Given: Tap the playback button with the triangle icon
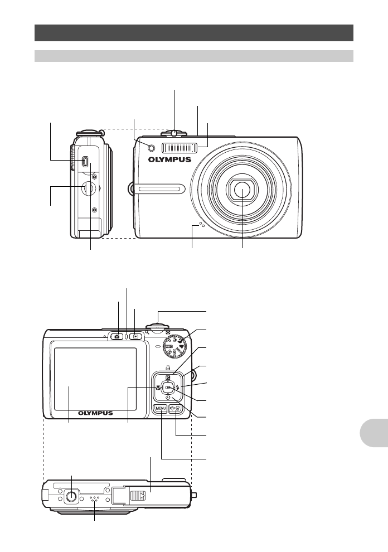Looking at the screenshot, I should pyautogui.click(x=135, y=336).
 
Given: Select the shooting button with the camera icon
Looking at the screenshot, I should pyautogui.click(x=117, y=336).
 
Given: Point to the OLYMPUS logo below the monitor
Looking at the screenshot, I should pyautogui.click(x=95, y=413).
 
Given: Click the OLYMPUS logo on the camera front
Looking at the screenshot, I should pyautogui.click(x=169, y=159).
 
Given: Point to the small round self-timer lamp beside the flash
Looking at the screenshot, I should pyautogui.click(x=144, y=147).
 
